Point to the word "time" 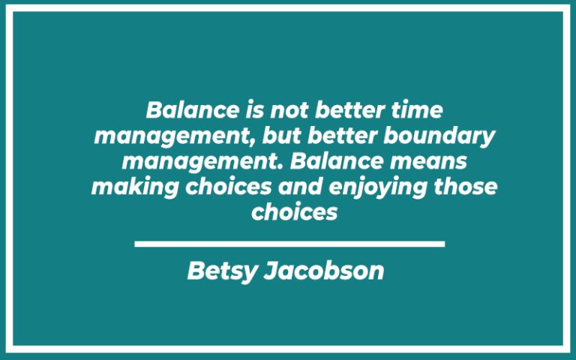pyautogui.click(x=418, y=111)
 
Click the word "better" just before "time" pyautogui.click(x=352, y=111)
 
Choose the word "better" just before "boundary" pyautogui.click(x=323, y=136)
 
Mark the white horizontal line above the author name pyautogui.click(x=289, y=244)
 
